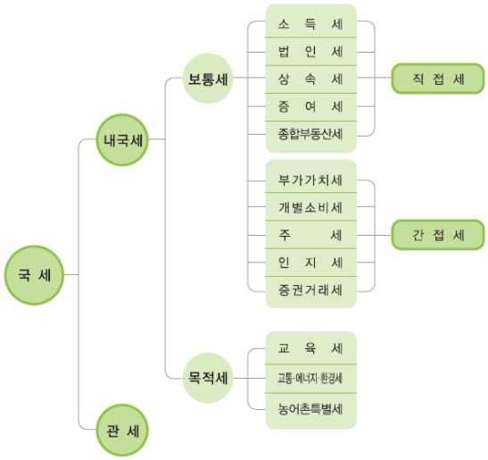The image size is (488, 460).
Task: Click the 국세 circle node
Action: (x=34, y=275)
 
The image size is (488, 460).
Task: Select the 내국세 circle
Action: (x=122, y=140)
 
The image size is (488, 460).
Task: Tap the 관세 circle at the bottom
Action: (x=122, y=431)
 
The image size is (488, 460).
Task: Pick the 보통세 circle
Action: (x=208, y=79)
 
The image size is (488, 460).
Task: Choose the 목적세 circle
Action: (x=208, y=378)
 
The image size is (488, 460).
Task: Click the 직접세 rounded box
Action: (x=438, y=79)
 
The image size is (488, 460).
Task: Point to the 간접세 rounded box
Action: (x=438, y=235)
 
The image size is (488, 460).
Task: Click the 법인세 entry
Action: (x=310, y=52)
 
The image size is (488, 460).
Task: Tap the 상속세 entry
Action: (x=310, y=79)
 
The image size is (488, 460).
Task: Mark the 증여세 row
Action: (x=310, y=107)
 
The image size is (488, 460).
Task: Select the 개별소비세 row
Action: (x=310, y=206)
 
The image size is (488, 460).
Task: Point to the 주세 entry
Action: (x=310, y=235)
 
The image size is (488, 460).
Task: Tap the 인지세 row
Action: (x=310, y=263)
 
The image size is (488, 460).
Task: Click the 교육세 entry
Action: (x=310, y=347)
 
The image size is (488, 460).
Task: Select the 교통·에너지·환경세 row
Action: (x=310, y=379)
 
